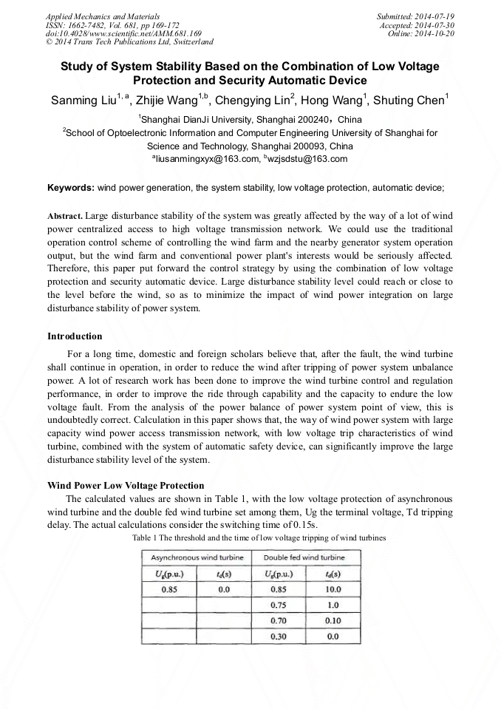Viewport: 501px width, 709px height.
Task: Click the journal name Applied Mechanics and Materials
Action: click(x=103, y=16)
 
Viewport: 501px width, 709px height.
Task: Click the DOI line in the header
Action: click(x=123, y=33)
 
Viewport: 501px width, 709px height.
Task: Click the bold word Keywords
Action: click(x=70, y=189)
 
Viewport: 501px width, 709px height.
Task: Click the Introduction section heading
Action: click(x=75, y=336)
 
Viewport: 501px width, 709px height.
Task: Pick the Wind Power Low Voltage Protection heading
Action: click(x=126, y=486)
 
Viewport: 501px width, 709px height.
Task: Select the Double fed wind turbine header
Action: click(x=304, y=557)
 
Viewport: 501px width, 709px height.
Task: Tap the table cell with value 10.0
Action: click(x=333, y=589)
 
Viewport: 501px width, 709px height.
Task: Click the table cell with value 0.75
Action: click(x=279, y=605)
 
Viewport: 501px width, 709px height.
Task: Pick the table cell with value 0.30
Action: click(x=279, y=636)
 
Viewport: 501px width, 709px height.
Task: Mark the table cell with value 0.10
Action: click(x=333, y=620)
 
